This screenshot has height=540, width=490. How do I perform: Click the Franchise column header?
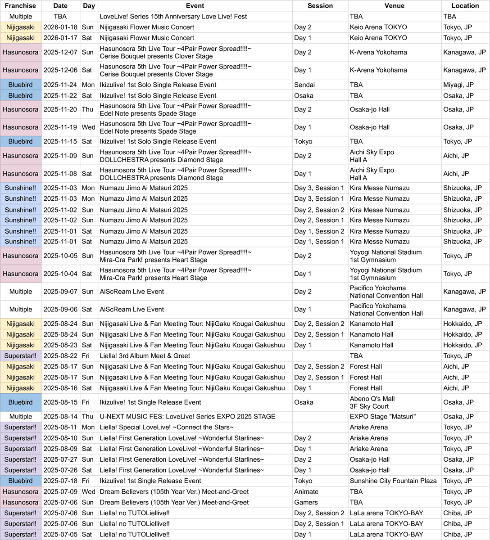tap(21, 6)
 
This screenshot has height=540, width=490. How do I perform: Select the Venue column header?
tap(394, 6)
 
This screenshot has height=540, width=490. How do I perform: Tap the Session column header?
tap(320, 6)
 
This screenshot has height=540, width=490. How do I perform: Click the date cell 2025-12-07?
tap(60, 52)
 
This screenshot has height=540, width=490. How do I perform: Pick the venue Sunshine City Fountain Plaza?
tap(393, 481)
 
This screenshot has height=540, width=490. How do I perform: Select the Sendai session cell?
tap(304, 85)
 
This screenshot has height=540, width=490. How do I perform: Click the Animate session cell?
tap(306, 491)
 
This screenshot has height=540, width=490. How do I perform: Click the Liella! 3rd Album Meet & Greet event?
tap(145, 355)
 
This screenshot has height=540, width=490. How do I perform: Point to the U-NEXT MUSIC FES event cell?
tap(187, 416)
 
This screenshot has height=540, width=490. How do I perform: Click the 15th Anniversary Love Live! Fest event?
tap(173, 17)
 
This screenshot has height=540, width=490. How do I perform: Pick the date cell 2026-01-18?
tap(60, 27)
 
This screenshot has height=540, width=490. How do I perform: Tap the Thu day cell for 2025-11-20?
tap(88, 109)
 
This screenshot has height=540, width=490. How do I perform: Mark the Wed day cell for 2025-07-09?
tap(88, 491)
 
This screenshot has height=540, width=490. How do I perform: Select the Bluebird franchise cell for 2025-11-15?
tap(21, 141)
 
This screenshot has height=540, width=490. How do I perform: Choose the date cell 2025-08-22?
tap(60, 355)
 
